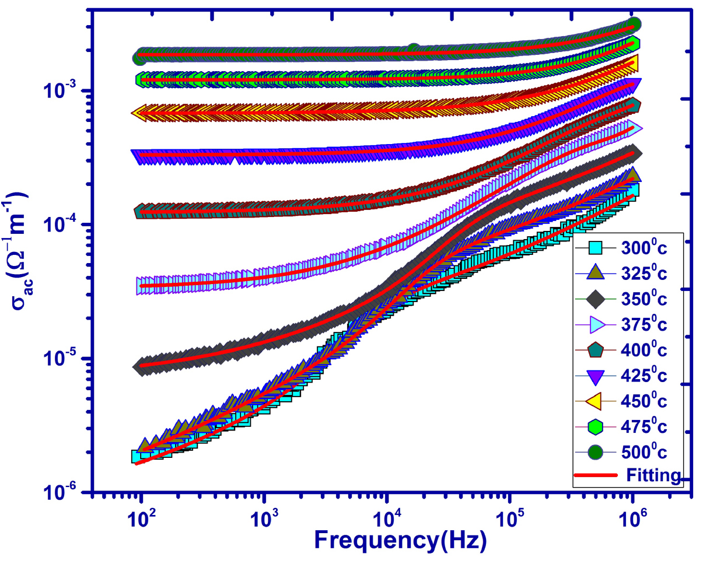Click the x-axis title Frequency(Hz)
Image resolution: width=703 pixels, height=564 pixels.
pos(400,540)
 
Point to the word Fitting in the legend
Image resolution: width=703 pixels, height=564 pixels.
pos(653,475)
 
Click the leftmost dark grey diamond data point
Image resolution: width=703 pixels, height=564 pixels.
pos(140,366)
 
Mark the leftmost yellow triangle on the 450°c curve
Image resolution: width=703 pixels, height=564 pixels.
pos(139,113)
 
